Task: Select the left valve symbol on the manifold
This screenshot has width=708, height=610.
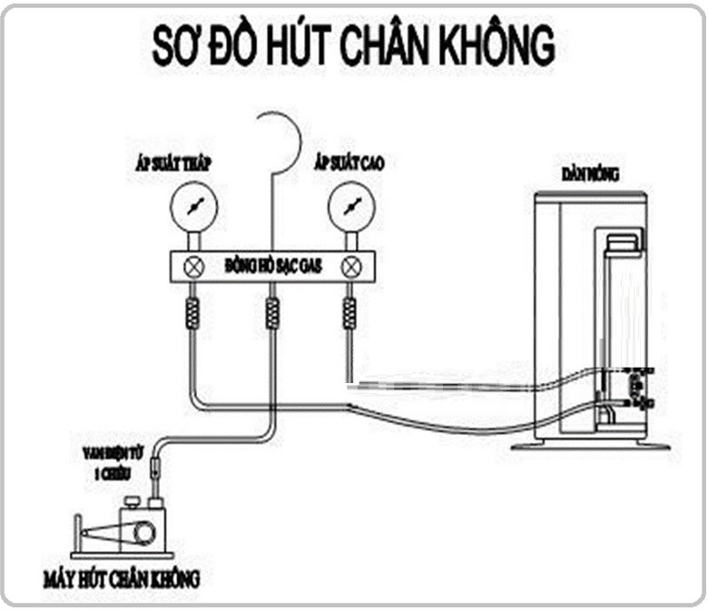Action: pyautogui.click(x=192, y=267)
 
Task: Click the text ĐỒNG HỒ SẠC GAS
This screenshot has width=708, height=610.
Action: pyautogui.click(x=272, y=267)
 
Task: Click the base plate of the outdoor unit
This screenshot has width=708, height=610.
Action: pyautogui.click(x=589, y=446)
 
